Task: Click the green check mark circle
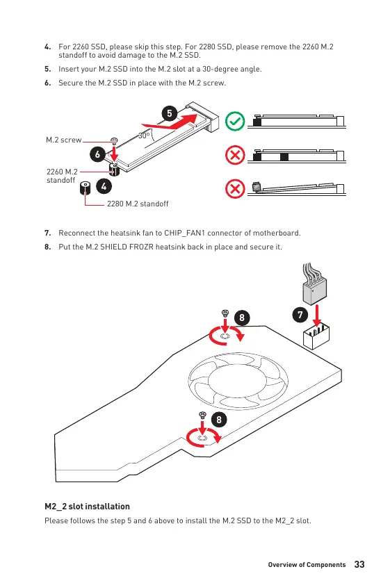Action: pyautogui.click(x=235, y=121)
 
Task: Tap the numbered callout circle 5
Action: pyautogui.click(x=170, y=113)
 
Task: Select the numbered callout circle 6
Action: pyautogui.click(x=97, y=154)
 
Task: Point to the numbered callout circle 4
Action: pyautogui.click(x=104, y=186)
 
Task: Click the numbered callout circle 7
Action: pyautogui.click(x=300, y=315)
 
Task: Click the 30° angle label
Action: pyautogui.click(x=144, y=136)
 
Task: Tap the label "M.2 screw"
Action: pyautogui.click(x=64, y=140)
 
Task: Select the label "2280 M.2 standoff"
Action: pyautogui.click(x=138, y=204)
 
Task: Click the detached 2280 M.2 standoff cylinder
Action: pyautogui.click(x=86, y=188)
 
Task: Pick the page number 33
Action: pyautogui.click(x=359, y=564)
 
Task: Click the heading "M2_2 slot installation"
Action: pyautogui.click(x=87, y=507)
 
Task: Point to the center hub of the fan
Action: pyautogui.click(x=238, y=380)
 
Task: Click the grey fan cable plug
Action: pyautogui.click(x=314, y=290)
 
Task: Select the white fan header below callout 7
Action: pyautogui.click(x=316, y=336)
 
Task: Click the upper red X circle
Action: pyautogui.click(x=235, y=155)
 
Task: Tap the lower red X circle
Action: pyautogui.click(x=235, y=189)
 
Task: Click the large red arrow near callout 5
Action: pyautogui.click(x=170, y=122)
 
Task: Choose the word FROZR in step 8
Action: pyautogui.click(x=141, y=247)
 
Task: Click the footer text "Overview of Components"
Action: pyautogui.click(x=307, y=565)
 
